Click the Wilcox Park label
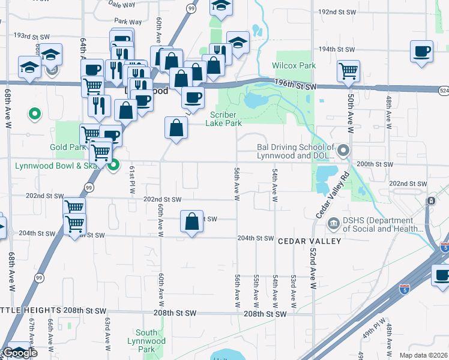(x=294, y=65)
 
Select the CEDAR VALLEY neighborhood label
(x=309, y=241)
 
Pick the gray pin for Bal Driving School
(x=343, y=149)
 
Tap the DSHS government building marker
(x=333, y=224)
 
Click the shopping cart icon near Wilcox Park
(x=348, y=71)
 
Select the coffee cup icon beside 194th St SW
(x=422, y=51)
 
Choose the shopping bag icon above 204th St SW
(x=191, y=221)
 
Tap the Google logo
(x=19, y=353)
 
